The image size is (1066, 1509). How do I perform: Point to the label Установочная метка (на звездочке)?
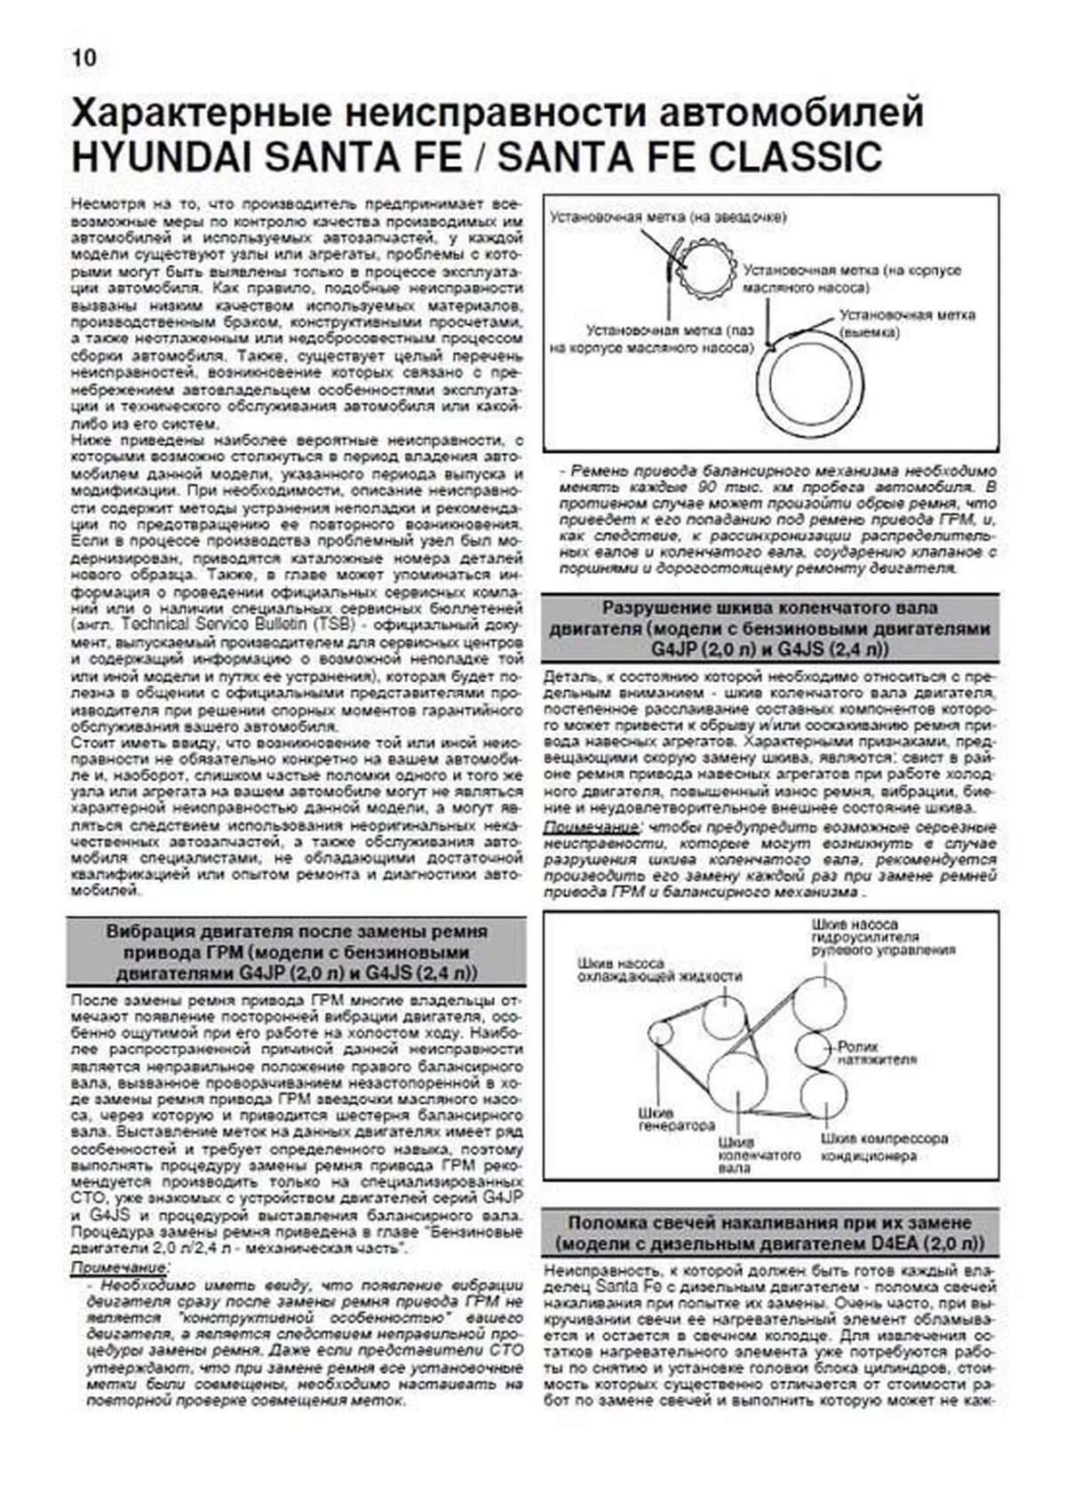click(667, 216)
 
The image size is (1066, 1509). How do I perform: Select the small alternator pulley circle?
click(660, 1033)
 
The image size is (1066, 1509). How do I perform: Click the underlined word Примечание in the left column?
click(120, 1267)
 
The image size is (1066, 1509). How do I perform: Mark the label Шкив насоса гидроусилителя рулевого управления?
click(883, 937)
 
